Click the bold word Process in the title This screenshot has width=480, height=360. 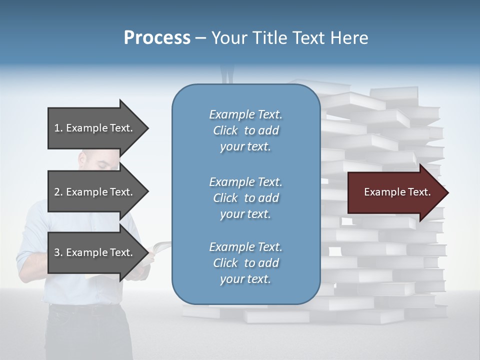[x=157, y=38]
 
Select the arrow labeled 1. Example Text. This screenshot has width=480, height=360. [x=95, y=128]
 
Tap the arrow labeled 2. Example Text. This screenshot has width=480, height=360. [x=95, y=192]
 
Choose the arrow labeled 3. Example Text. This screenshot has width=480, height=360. [x=95, y=252]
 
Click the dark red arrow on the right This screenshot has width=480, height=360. [x=395, y=192]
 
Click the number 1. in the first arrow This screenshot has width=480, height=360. [x=58, y=128]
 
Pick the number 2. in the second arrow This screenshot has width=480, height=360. [x=58, y=192]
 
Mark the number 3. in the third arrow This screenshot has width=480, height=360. [x=58, y=252]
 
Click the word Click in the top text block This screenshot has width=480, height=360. [x=225, y=130]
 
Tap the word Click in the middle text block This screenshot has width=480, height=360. [x=225, y=198]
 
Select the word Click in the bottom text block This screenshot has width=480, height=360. [x=225, y=263]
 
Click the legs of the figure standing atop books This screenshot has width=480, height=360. [x=227, y=75]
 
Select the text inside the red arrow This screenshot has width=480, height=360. [x=397, y=192]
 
